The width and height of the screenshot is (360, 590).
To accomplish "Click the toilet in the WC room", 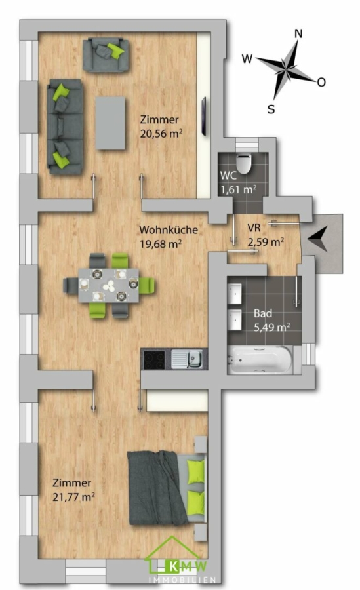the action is [x=243, y=163].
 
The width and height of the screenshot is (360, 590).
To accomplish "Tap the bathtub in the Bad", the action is [x=260, y=360].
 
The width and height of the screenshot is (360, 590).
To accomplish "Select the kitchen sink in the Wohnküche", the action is [x=187, y=359].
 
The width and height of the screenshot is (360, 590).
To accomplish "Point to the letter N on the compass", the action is [x=298, y=34].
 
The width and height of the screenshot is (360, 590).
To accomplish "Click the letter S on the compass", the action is [x=271, y=109].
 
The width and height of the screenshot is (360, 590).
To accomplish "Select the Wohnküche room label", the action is [x=169, y=229].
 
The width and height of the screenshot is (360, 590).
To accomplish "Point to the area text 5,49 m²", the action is [x=272, y=327].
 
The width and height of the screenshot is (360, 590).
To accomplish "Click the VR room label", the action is [x=254, y=228].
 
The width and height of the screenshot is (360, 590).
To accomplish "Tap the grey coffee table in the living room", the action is [x=110, y=123].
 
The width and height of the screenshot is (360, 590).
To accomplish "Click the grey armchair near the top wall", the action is [x=106, y=54].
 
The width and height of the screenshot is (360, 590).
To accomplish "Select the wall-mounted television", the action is [x=204, y=116].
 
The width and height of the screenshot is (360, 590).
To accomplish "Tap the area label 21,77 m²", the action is [x=73, y=497].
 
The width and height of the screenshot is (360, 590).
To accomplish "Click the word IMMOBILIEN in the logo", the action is [x=182, y=580].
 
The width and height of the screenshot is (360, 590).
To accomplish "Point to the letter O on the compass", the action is [x=321, y=82].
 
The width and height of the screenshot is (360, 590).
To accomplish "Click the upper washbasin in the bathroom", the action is [x=235, y=294].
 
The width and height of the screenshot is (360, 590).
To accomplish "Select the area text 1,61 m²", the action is [x=239, y=189].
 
